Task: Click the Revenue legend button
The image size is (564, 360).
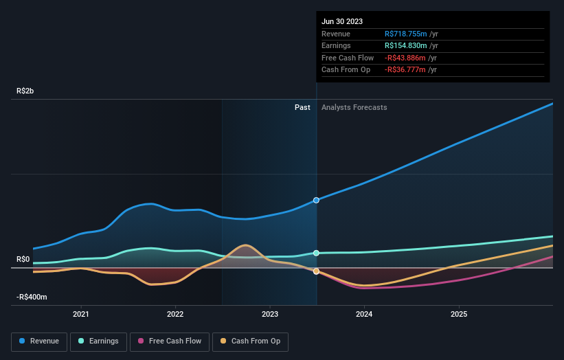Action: point(39,341)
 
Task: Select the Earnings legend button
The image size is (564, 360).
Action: point(98,341)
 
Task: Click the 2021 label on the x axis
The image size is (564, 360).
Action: point(81,314)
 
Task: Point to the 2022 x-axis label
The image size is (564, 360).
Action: point(175,314)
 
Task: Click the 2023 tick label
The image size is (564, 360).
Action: point(270,314)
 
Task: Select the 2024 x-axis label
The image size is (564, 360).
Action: point(364,314)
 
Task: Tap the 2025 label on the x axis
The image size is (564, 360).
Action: point(458,314)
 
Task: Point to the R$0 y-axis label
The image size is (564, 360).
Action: point(23,259)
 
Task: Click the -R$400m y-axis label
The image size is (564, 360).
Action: point(32,297)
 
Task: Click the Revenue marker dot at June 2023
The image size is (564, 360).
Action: point(316,200)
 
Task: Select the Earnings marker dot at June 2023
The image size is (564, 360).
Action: point(316,253)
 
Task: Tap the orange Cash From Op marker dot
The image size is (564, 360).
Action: point(316,271)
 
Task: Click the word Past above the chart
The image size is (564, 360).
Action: point(302,107)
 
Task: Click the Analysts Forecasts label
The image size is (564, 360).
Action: point(354,107)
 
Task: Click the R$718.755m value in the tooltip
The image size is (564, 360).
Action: point(410,34)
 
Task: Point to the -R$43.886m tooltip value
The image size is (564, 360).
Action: point(410,58)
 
